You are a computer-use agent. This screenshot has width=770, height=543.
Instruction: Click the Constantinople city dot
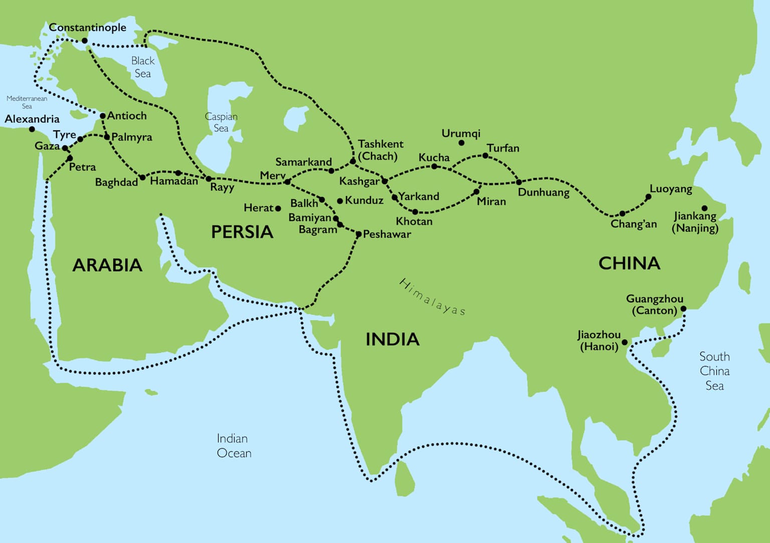click(x=84, y=41)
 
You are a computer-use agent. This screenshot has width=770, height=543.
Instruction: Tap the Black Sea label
click(x=143, y=67)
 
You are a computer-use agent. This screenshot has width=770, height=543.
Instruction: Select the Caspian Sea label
click(x=221, y=122)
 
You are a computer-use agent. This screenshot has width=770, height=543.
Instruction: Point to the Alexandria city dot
click(x=32, y=129)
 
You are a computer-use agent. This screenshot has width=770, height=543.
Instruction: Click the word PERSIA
click(x=242, y=232)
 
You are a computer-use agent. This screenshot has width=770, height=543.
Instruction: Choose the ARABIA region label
click(x=107, y=265)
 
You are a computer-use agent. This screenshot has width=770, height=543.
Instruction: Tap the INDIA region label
click(x=392, y=339)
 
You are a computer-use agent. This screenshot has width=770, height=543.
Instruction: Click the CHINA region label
click(x=629, y=264)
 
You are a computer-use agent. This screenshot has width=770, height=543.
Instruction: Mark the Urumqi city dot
click(x=461, y=143)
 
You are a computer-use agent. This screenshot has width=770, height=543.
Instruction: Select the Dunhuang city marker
click(x=519, y=182)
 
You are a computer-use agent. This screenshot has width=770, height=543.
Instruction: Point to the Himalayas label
click(x=432, y=297)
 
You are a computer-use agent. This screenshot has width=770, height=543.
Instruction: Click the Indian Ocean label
click(x=234, y=446)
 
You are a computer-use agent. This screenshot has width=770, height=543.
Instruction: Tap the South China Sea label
click(x=714, y=371)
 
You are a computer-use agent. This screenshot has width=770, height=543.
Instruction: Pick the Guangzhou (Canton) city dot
click(x=683, y=309)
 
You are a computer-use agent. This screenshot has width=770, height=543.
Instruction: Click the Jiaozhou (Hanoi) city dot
click(x=625, y=343)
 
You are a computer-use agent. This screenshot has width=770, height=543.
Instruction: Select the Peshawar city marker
click(x=358, y=234)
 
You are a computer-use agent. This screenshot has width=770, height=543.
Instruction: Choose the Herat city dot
click(x=278, y=208)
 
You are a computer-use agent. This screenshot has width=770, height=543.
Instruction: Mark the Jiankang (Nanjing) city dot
click(x=704, y=208)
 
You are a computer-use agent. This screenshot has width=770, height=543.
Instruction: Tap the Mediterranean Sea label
click(x=27, y=102)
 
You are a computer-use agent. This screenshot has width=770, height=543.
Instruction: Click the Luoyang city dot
click(x=648, y=197)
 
